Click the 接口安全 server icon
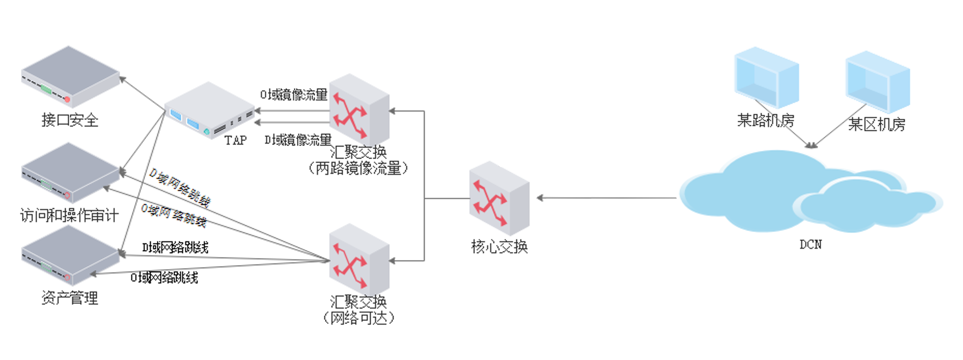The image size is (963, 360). pyautogui.click(x=70, y=77)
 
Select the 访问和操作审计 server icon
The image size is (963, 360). pyautogui.click(x=70, y=173)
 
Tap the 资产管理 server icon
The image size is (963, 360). pyautogui.click(x=70, y=256)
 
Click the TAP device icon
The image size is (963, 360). pyautogui.click(x=210, y=110)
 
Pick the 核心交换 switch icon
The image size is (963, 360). pyautogui.click(x=499, y=198)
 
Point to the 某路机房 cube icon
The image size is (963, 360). pyautogui.click(x=766, y=78)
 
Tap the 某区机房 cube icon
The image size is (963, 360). pyautogui.click(x=878, y=82)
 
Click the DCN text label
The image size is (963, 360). pyautogui.click(x=811, y=245)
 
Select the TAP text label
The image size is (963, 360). pyautogui.click(x=235, y=140)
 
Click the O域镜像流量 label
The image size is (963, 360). pyautogui.click(x=293, y=95)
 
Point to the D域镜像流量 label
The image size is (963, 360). pyautogui.click(x=298, y=140)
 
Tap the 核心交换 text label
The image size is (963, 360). pyautogui.click(x=499, y=247)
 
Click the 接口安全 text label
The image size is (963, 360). pyautogui.click(x=70, y=120)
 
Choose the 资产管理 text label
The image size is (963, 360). pyautogui.click(x=70, y=298)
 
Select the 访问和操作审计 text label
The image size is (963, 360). pyautogui.click(x=70, y=216)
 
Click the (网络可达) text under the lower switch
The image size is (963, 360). pyautogui.click(x=359, y=318)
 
